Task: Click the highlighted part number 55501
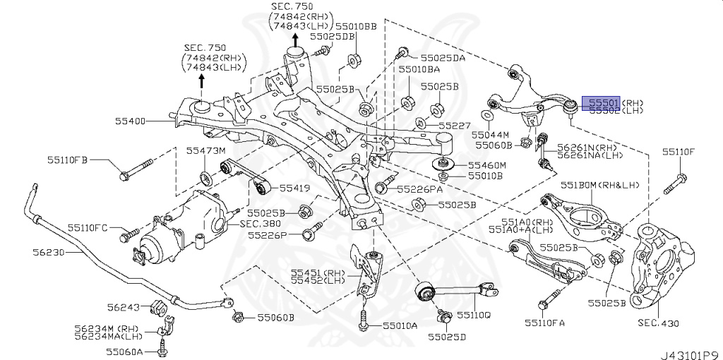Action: click(600, 102)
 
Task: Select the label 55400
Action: click(131, 121)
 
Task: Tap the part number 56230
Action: click(49, 251)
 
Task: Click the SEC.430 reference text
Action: click(657, 323)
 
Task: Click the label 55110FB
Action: click(68, 160)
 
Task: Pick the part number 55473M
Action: click(205, 151)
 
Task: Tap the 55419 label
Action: click(294, 188)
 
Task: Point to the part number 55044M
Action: click(491, 133)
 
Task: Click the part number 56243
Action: click(124, 307)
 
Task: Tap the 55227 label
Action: click(453, 125)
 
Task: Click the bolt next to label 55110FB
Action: click(137, 170)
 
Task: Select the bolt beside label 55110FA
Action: click(548, 299)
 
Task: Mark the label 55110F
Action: click(678, 151)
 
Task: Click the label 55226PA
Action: click(419, 188)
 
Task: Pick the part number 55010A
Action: click(400, 325)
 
